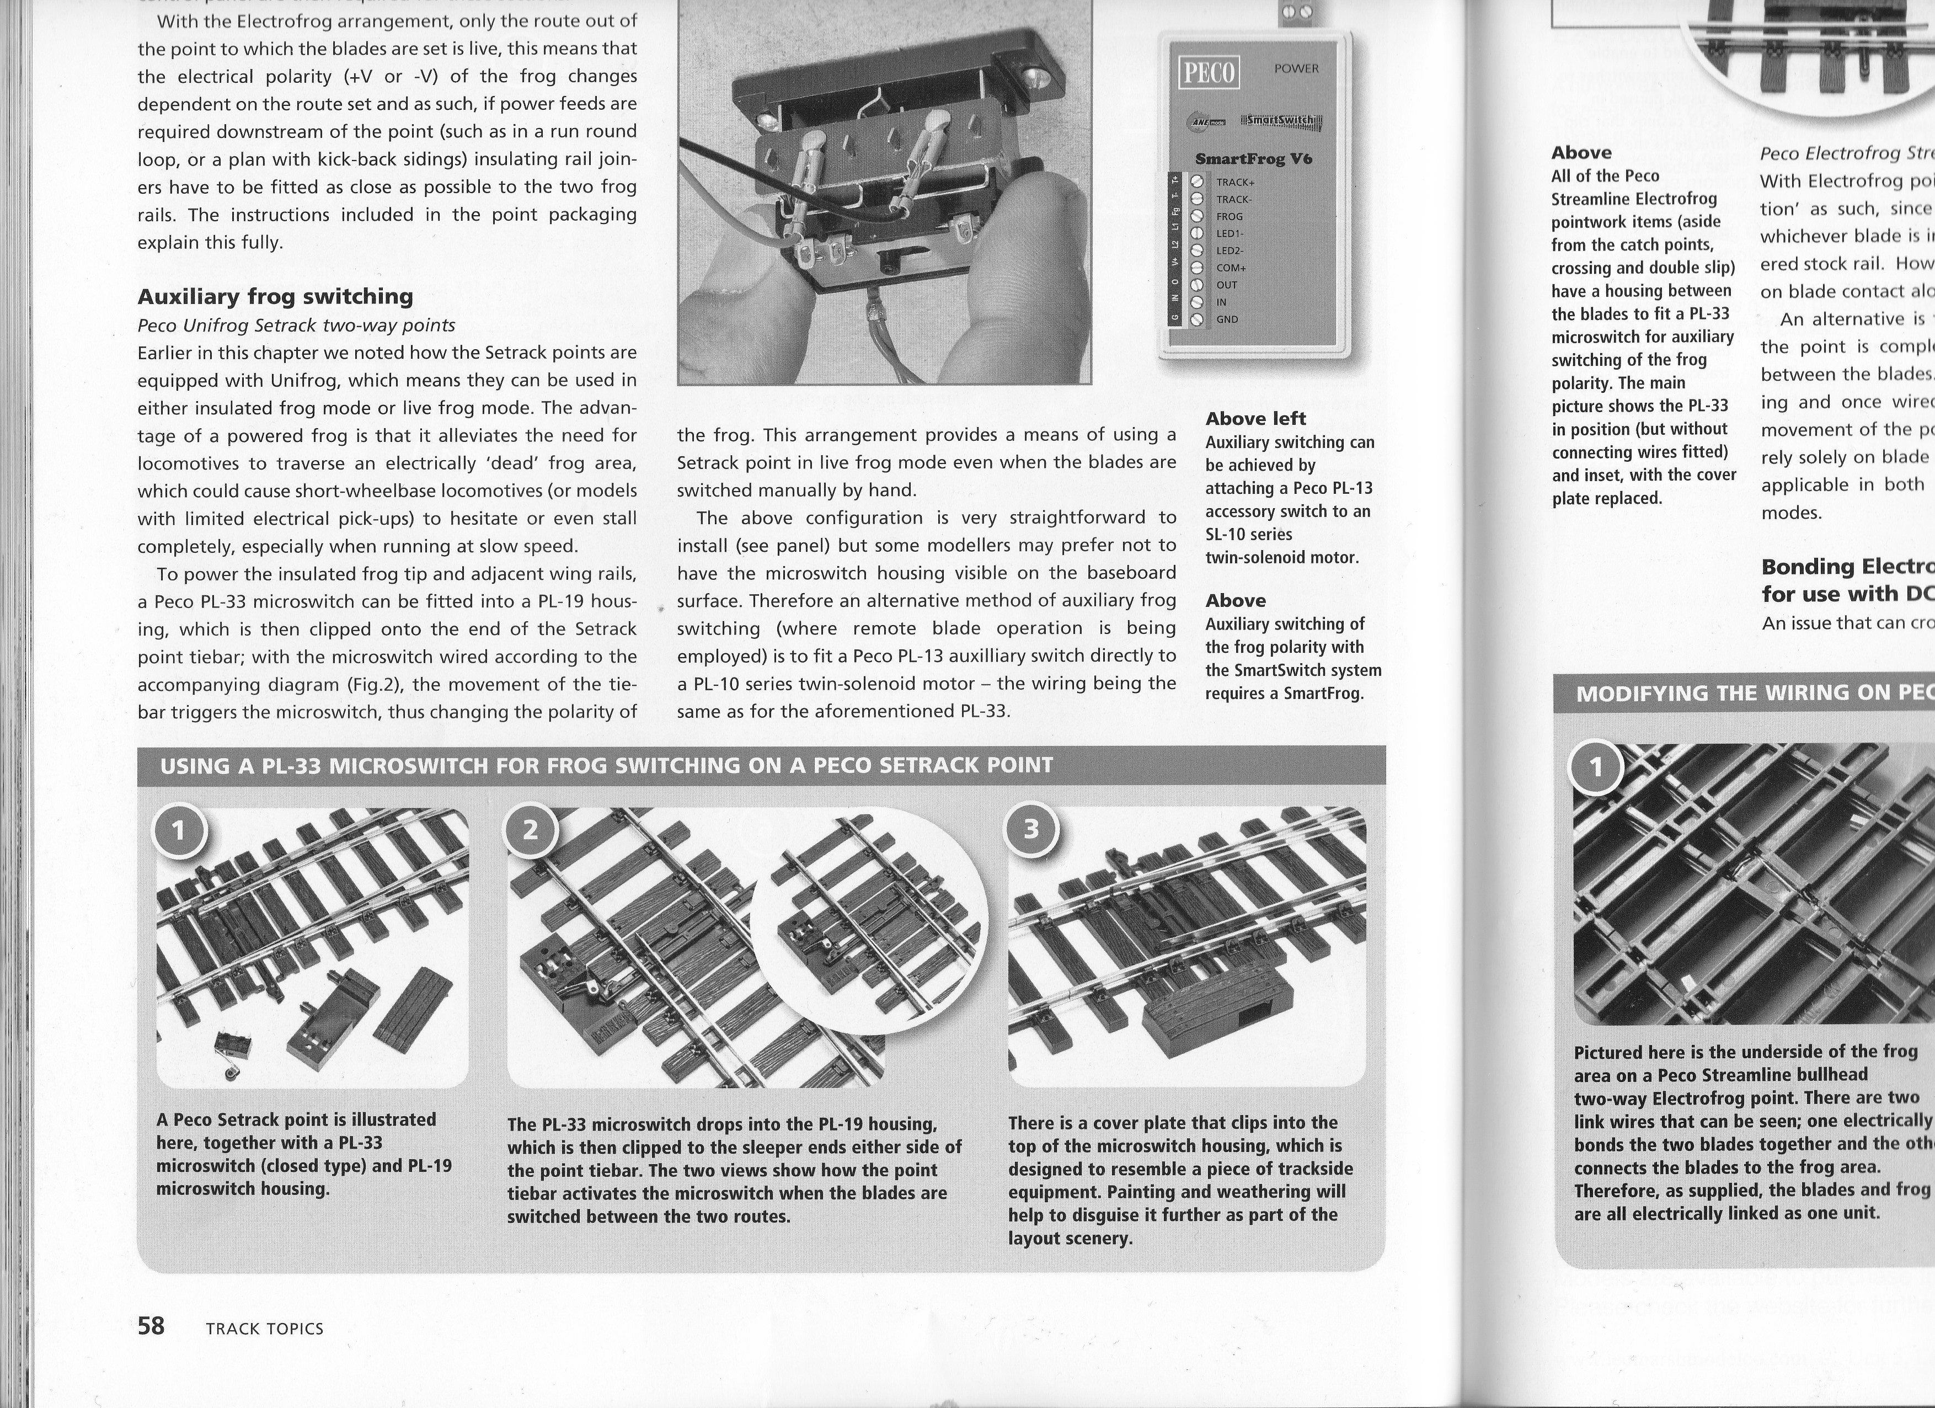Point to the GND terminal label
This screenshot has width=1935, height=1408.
click(1227, 319)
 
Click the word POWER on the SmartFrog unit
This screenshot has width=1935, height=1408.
click(1296, 68)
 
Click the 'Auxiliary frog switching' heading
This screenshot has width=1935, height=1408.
click(276, 296)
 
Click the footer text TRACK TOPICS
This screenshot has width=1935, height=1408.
click(264, 1329)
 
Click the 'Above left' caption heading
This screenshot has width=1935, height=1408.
click(1255, 418)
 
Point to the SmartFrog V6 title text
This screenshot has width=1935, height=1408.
click(1253, 159)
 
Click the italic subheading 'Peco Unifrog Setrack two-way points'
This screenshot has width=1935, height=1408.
click(296, 325)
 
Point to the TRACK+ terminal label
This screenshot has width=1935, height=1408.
click(1234, 182)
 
